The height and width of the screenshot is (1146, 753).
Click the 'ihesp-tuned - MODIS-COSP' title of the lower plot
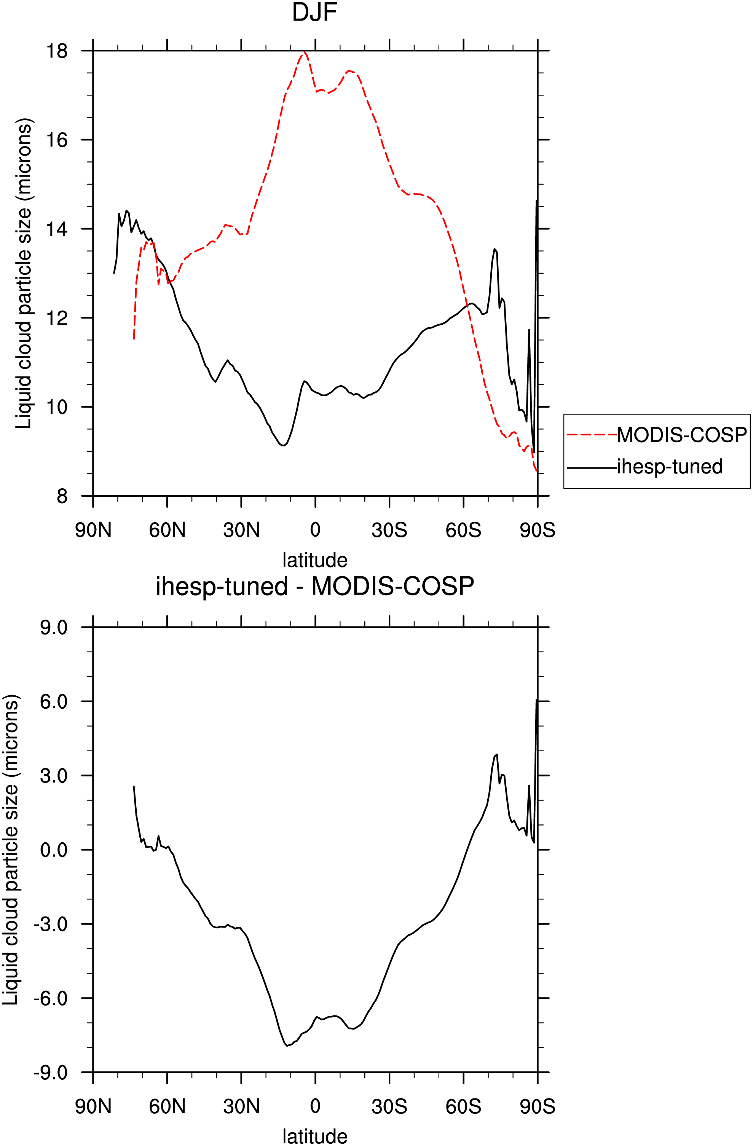(x=314, y=586)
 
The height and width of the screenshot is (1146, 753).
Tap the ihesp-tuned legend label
(x=670, y=467)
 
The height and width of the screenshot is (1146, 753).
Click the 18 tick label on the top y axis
(x=57, y=51)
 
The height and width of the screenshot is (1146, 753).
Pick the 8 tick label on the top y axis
(x=62, y=496)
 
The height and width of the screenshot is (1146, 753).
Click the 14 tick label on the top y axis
(x=57, y=229)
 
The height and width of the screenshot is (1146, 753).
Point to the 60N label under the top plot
(x=167, y=530)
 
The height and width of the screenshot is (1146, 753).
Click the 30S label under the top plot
(x=389, y=530)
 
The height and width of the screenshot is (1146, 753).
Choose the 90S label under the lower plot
(x=538, y=1106)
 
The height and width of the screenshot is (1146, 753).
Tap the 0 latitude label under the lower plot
(x=315, y=1106)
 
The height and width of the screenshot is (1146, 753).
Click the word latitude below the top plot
(x=314, y=560)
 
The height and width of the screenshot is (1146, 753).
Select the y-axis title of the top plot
(x=24, y=273)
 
